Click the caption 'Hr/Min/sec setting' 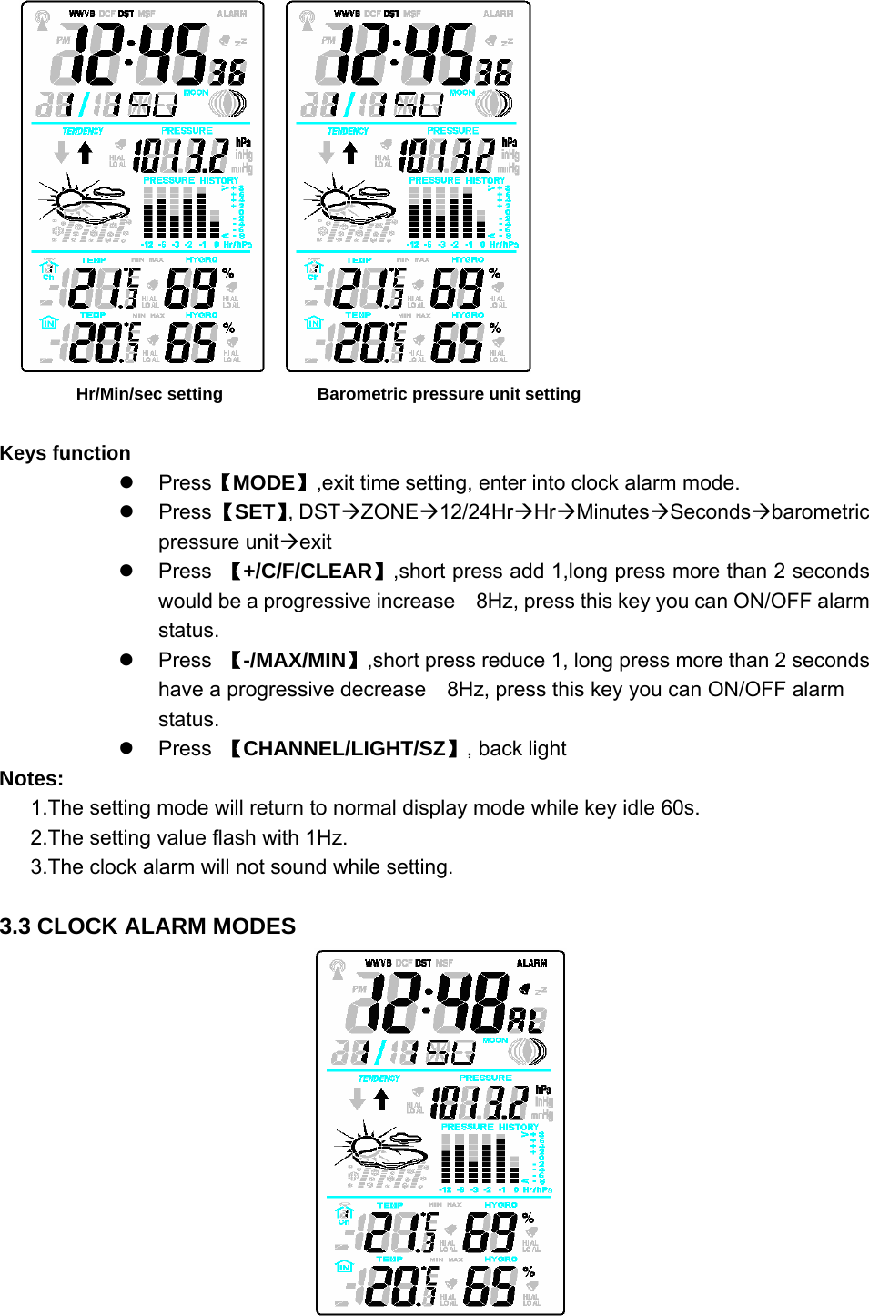(149, 394)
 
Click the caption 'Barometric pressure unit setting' (449, 394)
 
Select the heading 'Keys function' (66, 453)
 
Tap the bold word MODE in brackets (264, 483)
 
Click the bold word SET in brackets (255, 512)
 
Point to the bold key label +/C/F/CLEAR (308, 572)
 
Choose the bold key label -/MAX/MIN (294, 661)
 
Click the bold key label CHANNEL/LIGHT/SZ (345, 749)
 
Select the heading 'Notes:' (32, 779)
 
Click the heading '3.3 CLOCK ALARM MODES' (148, 926)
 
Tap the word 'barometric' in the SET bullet (820, 512)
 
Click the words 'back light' (522, 749)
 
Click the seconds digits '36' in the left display (229, 72)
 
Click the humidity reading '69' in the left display (189, 288)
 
